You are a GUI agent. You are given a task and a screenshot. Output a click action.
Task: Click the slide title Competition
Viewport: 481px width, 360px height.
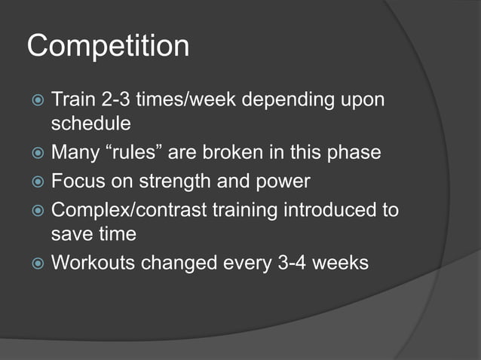(108, 47)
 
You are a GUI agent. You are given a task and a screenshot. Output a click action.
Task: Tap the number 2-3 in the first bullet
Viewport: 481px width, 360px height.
(117, 99)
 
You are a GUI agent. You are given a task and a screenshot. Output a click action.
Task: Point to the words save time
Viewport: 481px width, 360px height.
(93, 235)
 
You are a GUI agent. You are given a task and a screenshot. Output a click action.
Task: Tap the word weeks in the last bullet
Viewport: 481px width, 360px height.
(339, 264)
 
